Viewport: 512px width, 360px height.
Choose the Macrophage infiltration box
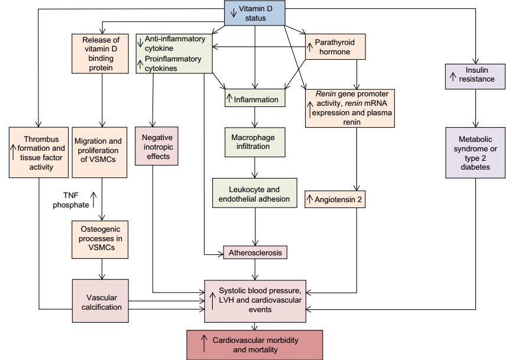tap(254, 141)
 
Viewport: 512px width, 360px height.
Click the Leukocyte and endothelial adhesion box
tap(254, 194)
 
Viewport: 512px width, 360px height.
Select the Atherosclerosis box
tap(254, 253)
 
